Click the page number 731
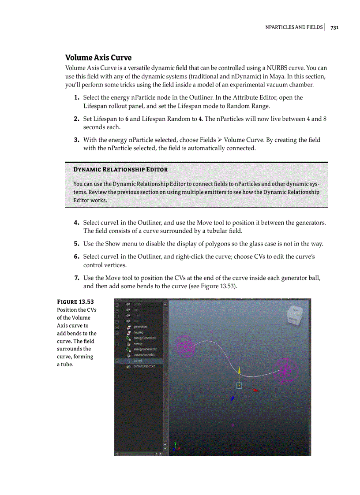pyautogui.click(x=334, y=27)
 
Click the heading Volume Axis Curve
pyautogui.click(x=98, y=58)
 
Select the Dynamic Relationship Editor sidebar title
pyautogui.click(x=120, y=169)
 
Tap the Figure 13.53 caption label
pyautogui.click(x=75, y=301)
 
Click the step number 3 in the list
pyautogui.click(x=76, y=140)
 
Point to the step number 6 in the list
pyautogui.click(x=76, y=256)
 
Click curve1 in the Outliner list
pyautogui.click(x=138, y=360)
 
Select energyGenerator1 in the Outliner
pyautogui.click(x=145, y=338)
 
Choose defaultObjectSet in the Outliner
pyautogui.click(x=144, y=366)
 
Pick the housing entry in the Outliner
pyautogui.click(x=138, y=332)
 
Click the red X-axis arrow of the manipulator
pyautogui.click(x=255, y=390)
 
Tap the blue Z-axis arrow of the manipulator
pyautogui.click(x=232, y=399)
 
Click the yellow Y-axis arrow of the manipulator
pyautogui.click(x=239, y=370)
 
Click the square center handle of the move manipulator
pyautogui.click(x=239, y=385)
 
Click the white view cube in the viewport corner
pyautogui.click(x=294, y=314)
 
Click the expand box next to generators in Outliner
pyautogui.click(x=117, y=327)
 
